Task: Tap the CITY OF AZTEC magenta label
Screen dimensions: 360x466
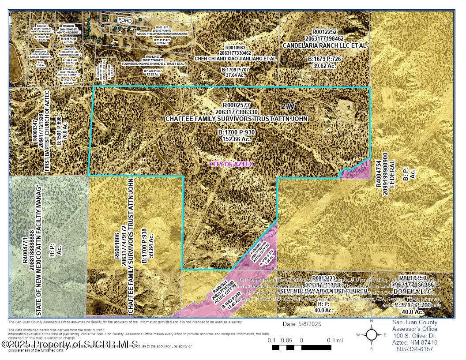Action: [232, 164]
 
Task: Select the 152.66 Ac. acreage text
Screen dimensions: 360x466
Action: [236, 139]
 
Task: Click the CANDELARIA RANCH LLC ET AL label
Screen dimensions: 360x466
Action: [324, 45]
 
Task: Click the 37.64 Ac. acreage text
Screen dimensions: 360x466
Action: [237, 75]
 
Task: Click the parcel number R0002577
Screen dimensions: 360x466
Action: [237, 105]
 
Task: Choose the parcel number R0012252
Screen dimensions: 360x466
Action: [324, 32]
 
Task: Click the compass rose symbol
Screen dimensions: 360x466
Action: [372, 335]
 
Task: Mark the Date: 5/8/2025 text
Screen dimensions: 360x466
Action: [302, 324]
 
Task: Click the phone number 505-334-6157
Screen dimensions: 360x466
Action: [415, 349]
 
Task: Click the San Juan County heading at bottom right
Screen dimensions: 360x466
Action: [415, 322]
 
